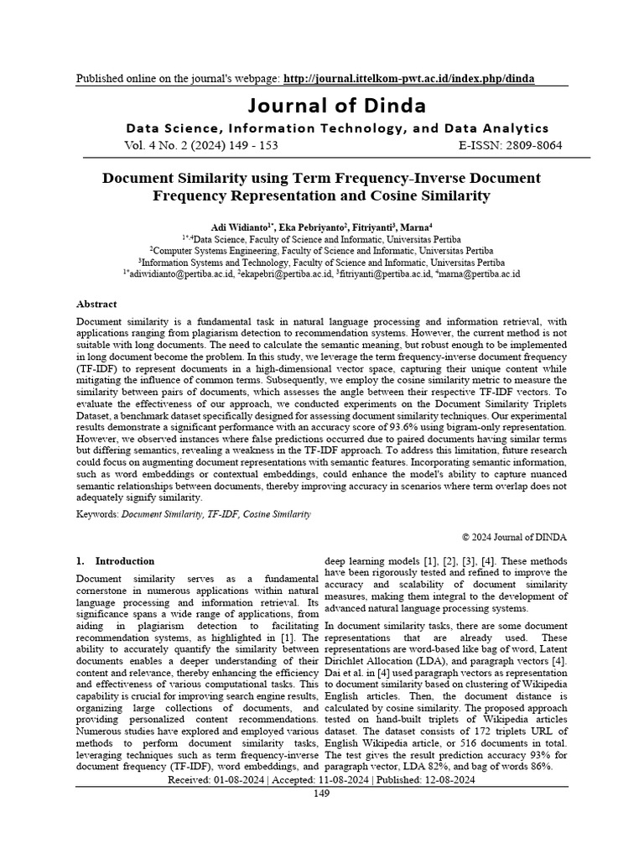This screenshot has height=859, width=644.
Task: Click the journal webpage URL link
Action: click(409, 79)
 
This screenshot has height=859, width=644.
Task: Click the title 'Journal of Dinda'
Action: click(335, 106)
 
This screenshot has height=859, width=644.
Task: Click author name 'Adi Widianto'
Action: click(239, 226)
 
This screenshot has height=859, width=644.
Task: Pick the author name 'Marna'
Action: click(417, 226)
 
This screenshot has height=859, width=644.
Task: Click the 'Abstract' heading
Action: click(96, 305)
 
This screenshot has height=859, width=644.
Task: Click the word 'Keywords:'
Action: click(97, 513)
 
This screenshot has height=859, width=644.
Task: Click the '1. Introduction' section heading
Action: click(116, 561)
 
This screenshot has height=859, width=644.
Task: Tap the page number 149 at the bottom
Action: click(321, 794)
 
